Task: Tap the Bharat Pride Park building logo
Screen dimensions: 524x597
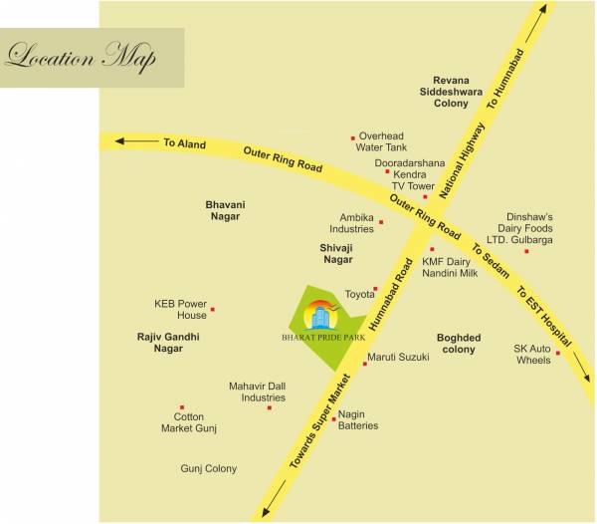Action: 320,317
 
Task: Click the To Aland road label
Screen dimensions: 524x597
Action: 184,143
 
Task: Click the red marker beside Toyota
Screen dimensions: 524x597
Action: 376,289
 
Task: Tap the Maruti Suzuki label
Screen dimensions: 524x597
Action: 398,357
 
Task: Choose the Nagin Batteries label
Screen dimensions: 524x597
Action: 358,419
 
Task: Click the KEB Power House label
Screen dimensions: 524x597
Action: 180,309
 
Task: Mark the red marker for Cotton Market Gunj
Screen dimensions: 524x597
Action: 181,407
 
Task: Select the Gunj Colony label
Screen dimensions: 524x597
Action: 209,468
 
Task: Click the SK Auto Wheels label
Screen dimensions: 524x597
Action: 532,354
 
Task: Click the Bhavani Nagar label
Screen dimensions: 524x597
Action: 226,210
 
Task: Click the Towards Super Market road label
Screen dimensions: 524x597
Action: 320,422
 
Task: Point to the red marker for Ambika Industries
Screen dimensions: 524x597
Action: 381,222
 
